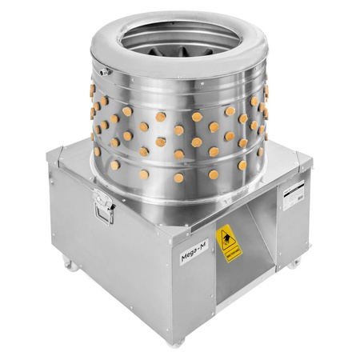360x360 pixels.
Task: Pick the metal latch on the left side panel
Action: tap(102, 207)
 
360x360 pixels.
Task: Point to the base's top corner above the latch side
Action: tap(50, 152)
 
